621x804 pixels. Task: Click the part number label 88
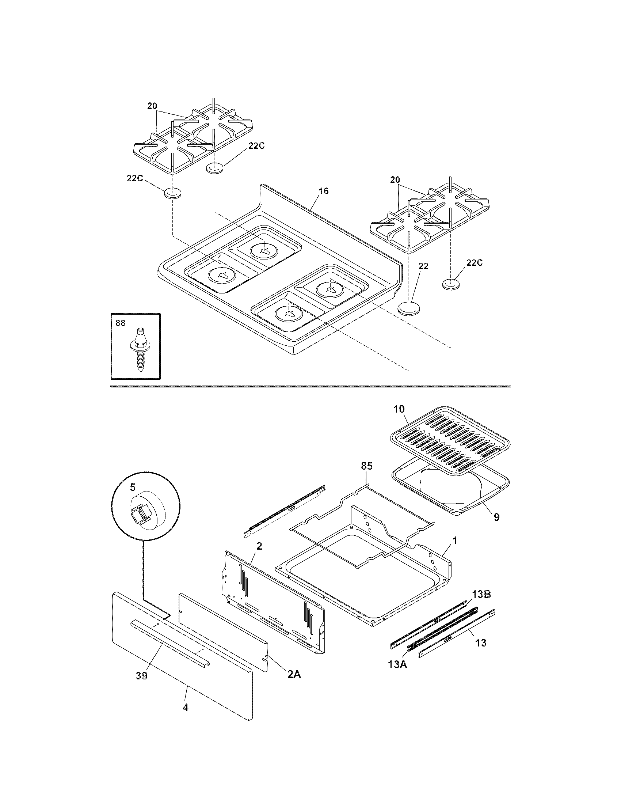120,323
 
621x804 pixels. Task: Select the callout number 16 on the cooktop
323,191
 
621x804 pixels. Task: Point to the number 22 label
423,266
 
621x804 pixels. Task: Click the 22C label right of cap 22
475,262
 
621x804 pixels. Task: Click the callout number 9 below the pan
496,517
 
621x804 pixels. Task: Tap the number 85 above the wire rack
366,466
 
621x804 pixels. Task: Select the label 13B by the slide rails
481,595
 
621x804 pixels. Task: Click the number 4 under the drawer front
186,708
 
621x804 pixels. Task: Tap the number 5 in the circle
133,487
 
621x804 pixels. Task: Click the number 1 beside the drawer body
455,541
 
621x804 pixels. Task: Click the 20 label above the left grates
152,106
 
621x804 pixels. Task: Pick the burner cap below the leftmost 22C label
173,194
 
